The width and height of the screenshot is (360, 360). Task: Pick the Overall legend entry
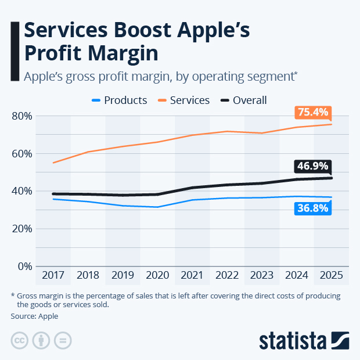(243, 100)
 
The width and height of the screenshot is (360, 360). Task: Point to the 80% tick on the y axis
(21, 116)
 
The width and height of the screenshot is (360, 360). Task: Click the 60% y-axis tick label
(21, 153)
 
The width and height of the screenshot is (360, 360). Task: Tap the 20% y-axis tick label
(21, 228)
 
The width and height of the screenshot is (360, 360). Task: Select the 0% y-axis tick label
(24, 266)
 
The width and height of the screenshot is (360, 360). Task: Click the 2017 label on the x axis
(53, 275)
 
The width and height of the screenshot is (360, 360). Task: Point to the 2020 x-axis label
(157, 275)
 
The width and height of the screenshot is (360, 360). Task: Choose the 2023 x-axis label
(261, 275)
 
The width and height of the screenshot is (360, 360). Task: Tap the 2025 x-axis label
(331, 275)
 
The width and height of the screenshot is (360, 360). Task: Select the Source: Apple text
(34, 316)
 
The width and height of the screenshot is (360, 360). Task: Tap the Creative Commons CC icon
(20, 340)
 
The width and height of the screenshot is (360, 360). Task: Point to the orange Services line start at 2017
(53, 163)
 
